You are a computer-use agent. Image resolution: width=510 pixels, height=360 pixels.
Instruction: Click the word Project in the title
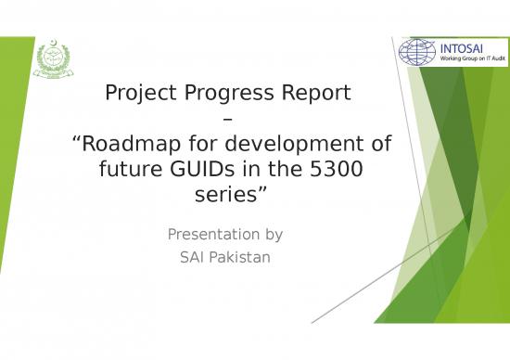[140, 94]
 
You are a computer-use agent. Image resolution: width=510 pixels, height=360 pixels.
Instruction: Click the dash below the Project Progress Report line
[230, 120]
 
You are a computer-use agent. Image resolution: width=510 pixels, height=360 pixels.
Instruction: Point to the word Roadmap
[129, 145]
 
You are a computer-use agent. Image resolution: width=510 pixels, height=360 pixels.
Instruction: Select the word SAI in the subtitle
[193, 256]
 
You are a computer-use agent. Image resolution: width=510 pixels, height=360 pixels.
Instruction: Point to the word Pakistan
[240, 256]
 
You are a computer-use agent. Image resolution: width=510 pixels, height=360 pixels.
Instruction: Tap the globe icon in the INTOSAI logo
[417, 51]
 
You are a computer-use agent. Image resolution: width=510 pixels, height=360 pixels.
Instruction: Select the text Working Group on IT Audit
[472, 58]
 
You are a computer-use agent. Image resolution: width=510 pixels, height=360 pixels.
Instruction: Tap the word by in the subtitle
[274, 234]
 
